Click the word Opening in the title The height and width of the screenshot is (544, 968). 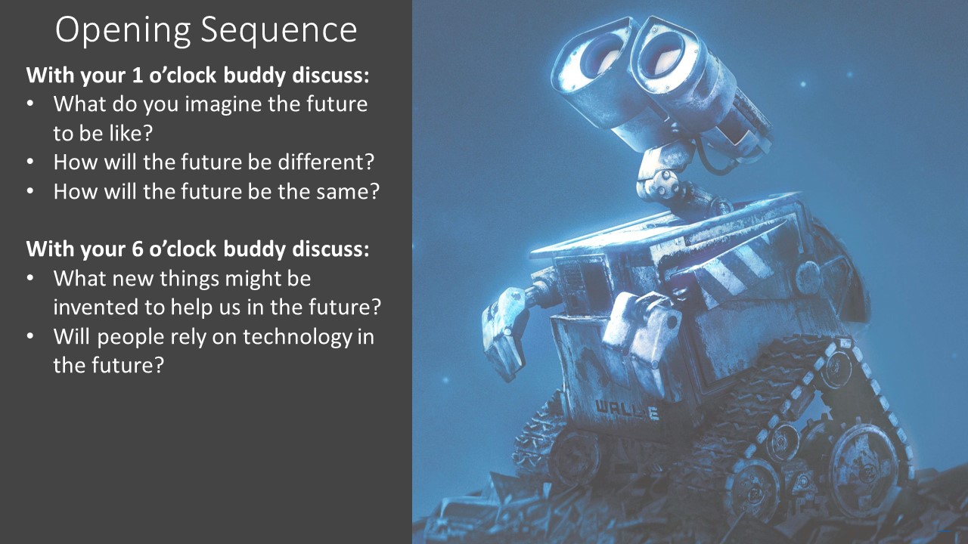(123, 30)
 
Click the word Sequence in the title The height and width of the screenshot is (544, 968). (279, 29)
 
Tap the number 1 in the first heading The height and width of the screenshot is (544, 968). (137, 75)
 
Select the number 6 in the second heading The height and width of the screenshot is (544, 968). (137, 249)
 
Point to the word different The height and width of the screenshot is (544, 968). (326, 162)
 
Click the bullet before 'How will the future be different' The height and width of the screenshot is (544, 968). (29, 162)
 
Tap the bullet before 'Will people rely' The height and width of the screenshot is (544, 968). (29, 336)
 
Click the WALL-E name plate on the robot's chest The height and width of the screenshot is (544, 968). (627, 410)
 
